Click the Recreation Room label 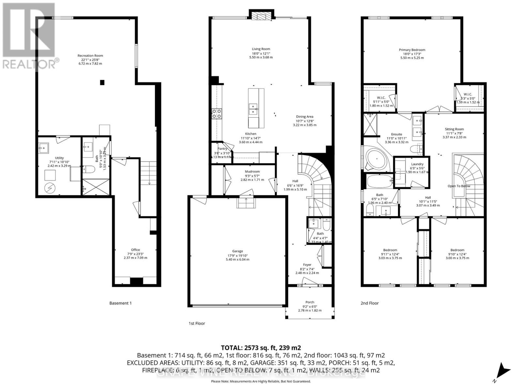click(90, 56)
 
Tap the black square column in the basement click(102, 83)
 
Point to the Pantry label click(222, 149)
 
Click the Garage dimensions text click(238, 259)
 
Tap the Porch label click(310, 302)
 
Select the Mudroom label click(252, 171)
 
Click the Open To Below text click(459, 186)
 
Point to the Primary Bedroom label click(412, 50)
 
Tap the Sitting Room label click(454, 129)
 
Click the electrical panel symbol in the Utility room click(51, 188)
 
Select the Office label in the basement click(135, 250)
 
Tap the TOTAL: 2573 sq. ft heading click(261, 348)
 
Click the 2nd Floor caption click(369, 303)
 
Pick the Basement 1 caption click(120, 303)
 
